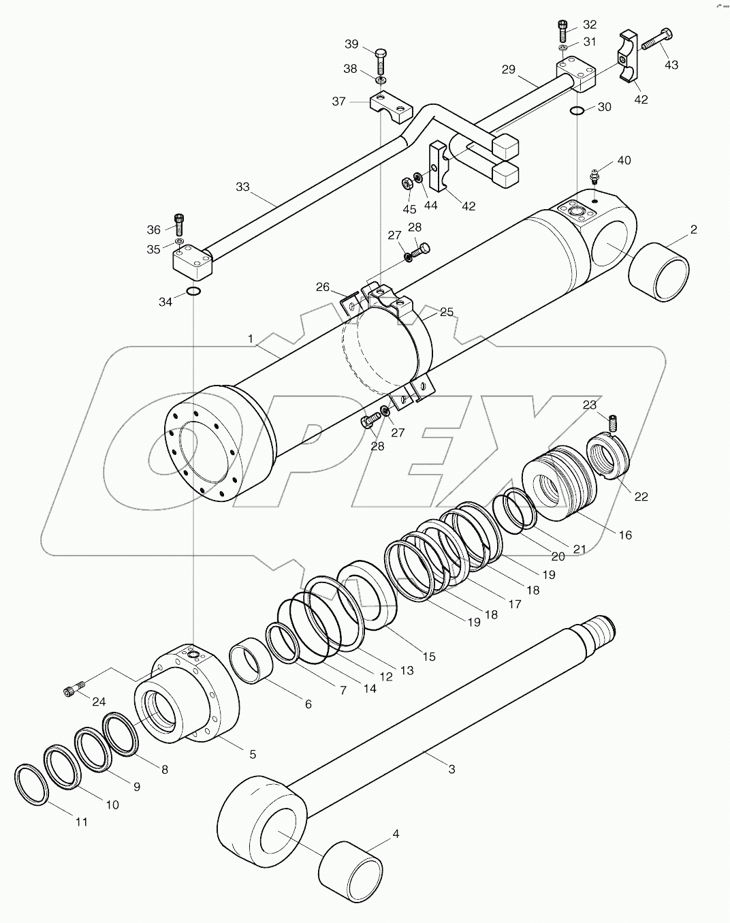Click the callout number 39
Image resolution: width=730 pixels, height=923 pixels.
coord(351,44)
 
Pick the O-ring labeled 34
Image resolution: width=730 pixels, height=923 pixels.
coord(193,292)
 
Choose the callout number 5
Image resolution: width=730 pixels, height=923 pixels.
coord(253,754)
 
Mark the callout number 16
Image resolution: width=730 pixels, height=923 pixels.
coord(624,535)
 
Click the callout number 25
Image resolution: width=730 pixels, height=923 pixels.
coord(446,312)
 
